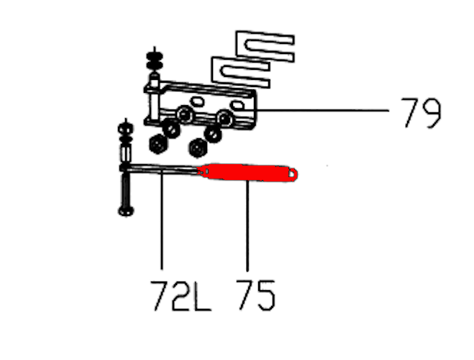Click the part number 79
tap(421, 113)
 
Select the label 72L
tap(181, 296)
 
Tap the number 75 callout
tap(256, 296)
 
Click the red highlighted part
tap(247, 173)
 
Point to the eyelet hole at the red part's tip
tap(292, 174)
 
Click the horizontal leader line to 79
tap(323, 111)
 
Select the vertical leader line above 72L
tap(162, 220)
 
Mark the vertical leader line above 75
tap(247, 226)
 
